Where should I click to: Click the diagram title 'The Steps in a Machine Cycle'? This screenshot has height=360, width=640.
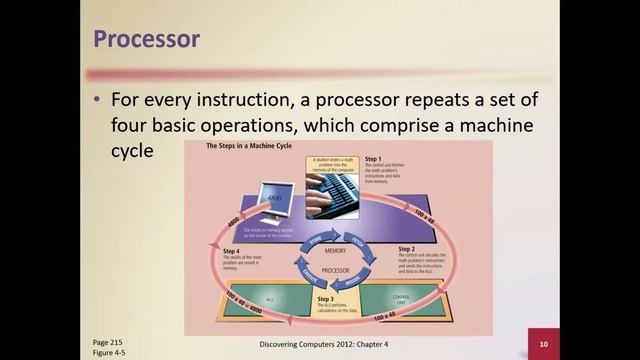(x=245, y=147)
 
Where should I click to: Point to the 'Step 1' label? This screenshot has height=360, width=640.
(x=373, y=159)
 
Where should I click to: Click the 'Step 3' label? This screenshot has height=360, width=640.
(x=325, y=298)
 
